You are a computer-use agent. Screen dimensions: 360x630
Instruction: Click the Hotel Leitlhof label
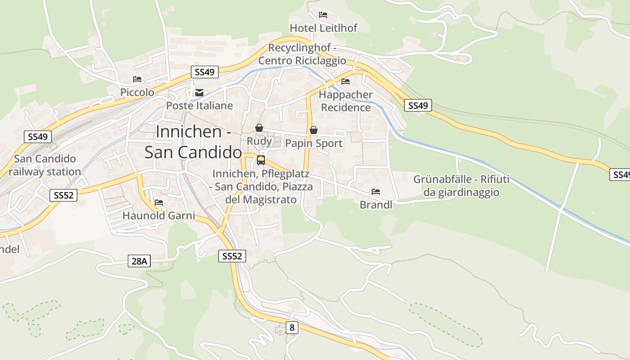click(323, 28)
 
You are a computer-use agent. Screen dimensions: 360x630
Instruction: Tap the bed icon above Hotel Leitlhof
click(323, 15)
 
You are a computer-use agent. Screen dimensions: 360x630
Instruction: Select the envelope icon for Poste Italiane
click(199, 93)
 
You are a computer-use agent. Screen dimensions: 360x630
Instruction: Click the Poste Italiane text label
click(199, 106)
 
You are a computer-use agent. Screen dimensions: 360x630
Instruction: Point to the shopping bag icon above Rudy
click(259, 128)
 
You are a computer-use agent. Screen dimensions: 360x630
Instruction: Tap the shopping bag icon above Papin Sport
click(314, 130)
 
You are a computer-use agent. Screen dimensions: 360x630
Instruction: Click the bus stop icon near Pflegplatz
click(261, 160)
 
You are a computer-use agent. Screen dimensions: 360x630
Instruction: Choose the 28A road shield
click(139, 261)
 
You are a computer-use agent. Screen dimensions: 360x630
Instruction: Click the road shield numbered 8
click(292, 328)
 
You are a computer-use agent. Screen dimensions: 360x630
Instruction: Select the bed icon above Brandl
click(376, 192)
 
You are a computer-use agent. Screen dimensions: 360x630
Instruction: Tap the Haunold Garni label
click(159, 216)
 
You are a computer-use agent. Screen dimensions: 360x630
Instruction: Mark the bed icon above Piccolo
click(137, 79)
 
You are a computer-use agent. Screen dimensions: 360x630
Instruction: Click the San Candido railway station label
click(45, 165)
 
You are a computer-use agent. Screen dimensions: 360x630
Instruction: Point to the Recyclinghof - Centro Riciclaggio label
click(302, 54)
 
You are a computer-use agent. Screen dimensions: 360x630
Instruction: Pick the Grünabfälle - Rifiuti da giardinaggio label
click(461, 186)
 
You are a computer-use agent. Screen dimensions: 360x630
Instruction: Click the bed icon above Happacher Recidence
click(346, 81)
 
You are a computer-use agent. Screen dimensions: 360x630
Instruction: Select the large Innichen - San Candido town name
click(193, 142)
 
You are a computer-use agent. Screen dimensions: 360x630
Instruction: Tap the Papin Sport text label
click(314, 144)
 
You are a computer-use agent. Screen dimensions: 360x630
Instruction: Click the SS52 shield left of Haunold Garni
click(63, 195)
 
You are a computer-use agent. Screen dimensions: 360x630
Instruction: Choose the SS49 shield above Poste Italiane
click(205, 72)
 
